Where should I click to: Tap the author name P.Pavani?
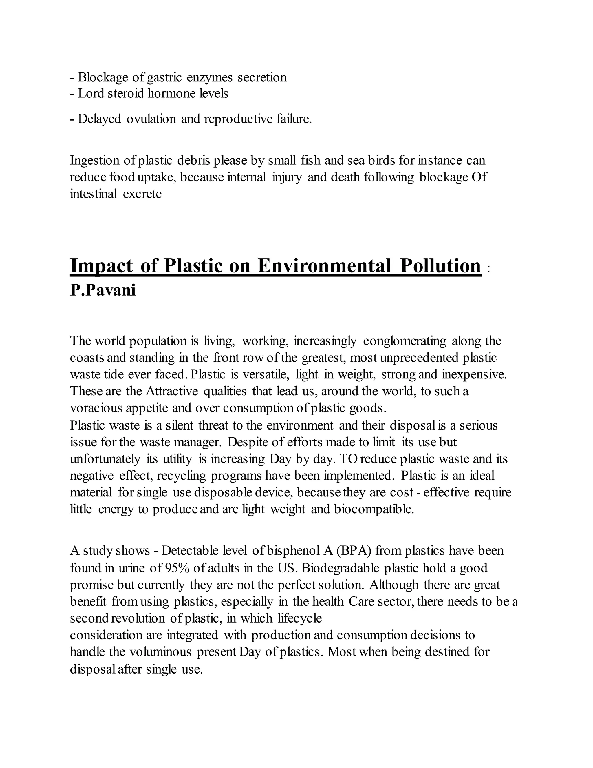[x=103, y=290]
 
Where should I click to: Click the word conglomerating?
[x=404, y=341]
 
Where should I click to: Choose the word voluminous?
[x=160, y=652]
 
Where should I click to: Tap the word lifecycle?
[x=300, y=618]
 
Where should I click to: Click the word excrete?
[x=142, y=194]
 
